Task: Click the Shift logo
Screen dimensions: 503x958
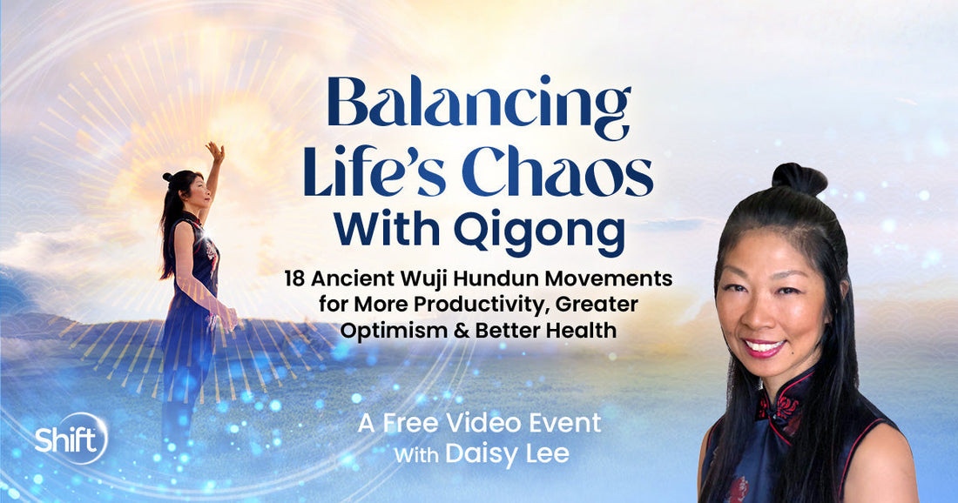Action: coord(71,438)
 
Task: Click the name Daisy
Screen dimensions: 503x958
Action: coord(476,454)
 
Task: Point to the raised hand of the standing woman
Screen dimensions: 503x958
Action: coord(214,152)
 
